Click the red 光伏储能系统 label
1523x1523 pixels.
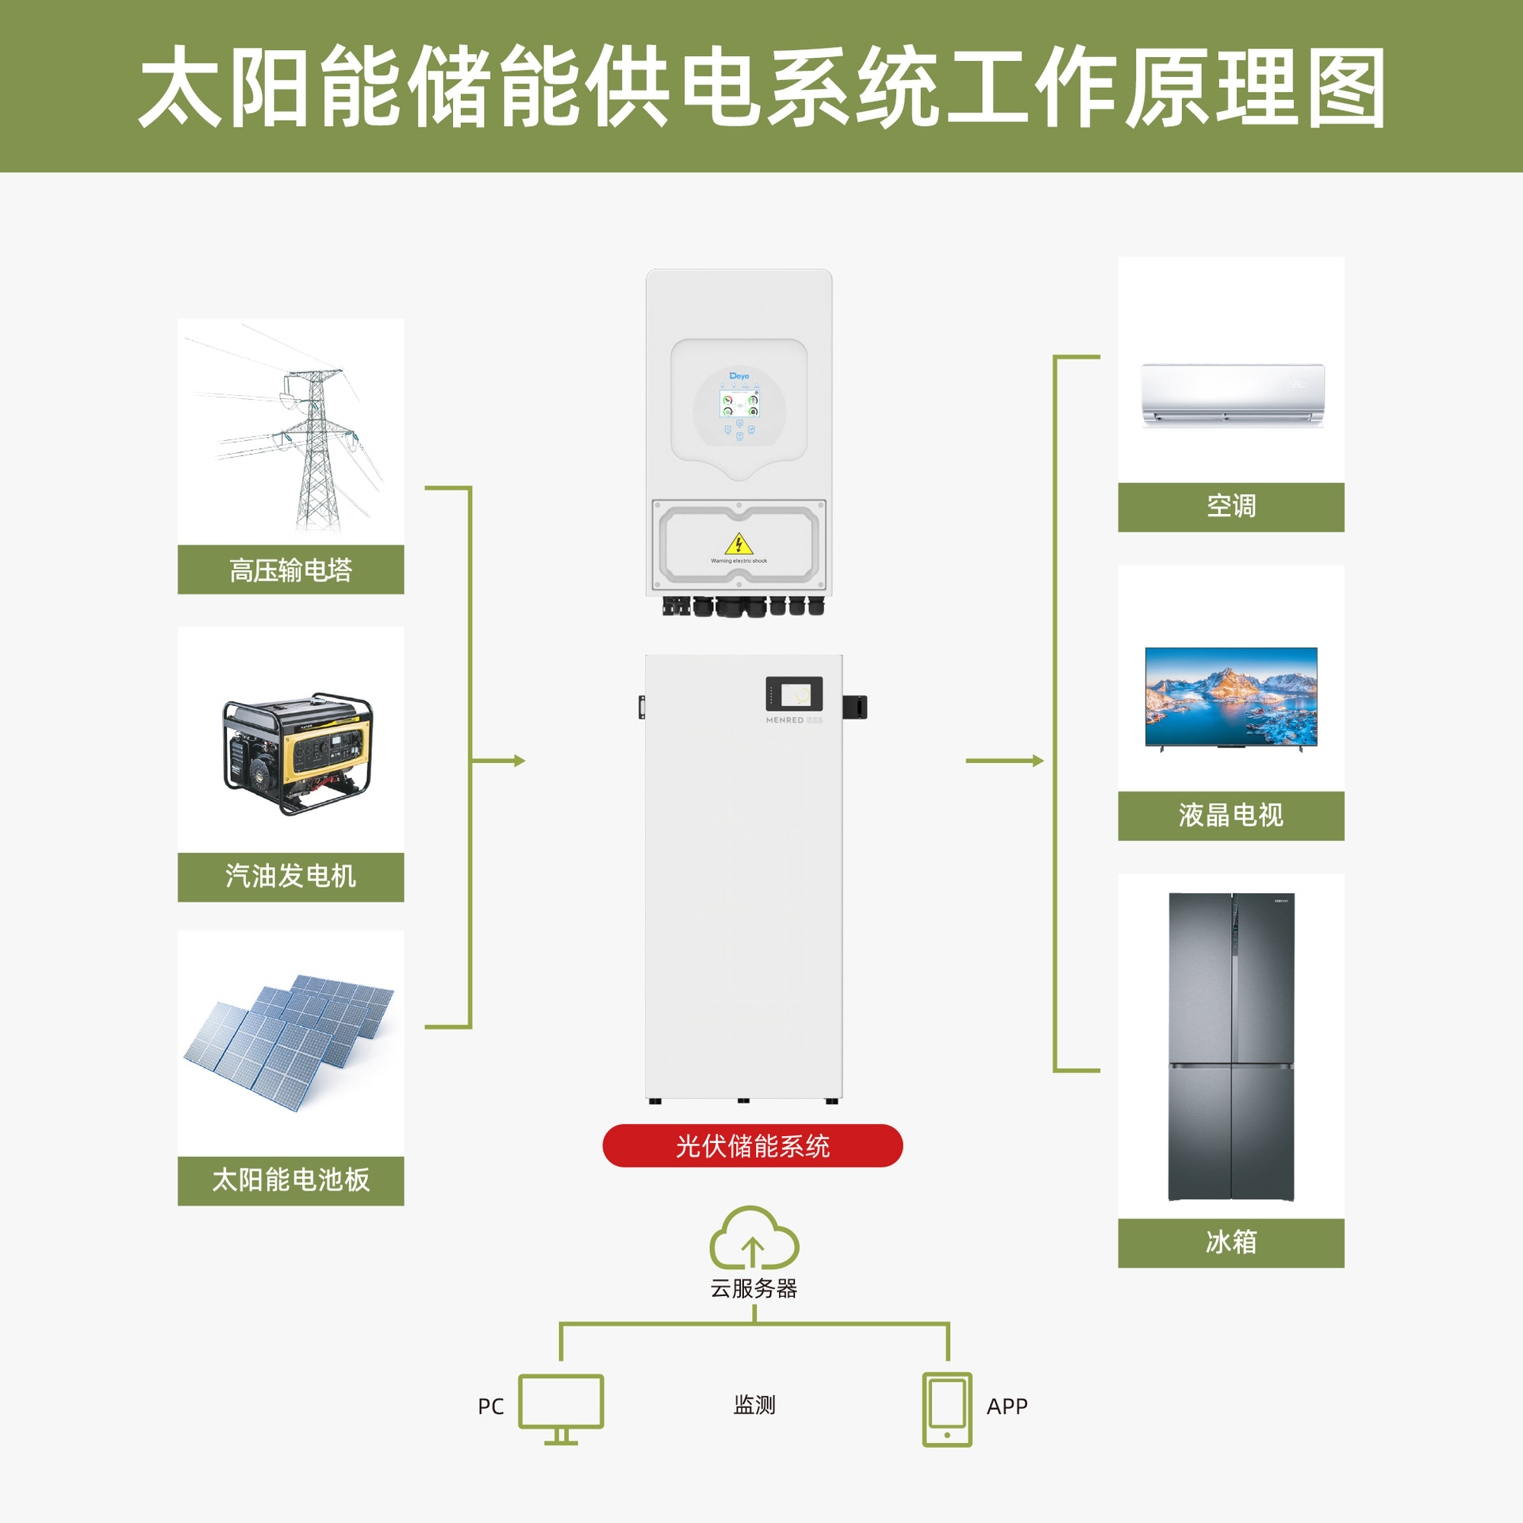752,1145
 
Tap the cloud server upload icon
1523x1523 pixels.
754,1240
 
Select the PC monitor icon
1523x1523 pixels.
561,1407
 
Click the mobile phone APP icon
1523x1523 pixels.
947,1409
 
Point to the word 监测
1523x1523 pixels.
754,1405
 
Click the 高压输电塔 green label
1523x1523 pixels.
290,570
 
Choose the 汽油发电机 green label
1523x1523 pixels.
290,877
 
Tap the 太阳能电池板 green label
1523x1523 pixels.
290,1180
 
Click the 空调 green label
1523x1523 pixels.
1230,506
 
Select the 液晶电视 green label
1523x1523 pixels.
1230,815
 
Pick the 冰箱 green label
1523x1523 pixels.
1230,1242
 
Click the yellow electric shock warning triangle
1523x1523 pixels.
738,544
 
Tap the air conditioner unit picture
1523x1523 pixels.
1232,394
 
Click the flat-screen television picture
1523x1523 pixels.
1230,696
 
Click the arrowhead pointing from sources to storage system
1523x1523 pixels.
520,761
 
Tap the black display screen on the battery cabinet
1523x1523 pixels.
793,693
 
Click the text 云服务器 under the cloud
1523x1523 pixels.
754,1288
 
